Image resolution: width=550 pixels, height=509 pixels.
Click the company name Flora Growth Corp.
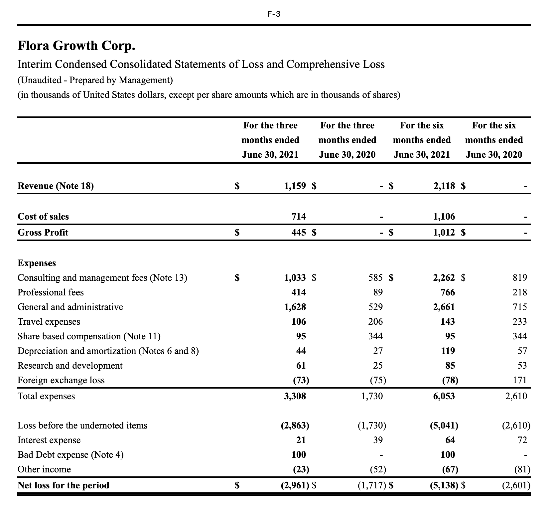[76, 46]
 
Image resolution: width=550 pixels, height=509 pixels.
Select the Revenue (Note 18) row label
[56, 186]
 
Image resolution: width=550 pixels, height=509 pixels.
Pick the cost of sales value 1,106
[444, 217]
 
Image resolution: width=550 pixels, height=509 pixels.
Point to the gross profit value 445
[299, 232]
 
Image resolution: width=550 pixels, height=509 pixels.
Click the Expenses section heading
[37, 263]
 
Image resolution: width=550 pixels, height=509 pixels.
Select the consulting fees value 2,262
[444, 278]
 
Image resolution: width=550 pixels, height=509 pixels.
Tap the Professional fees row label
[51, 292]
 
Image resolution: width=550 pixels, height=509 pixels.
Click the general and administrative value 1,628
[295, 307]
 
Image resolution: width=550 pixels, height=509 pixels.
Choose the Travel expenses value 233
[520, 322]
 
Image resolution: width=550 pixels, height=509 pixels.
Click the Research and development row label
[70, 366]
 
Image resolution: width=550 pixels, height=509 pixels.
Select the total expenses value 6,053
[444, 396]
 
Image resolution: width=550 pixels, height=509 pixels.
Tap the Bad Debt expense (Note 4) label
[70, 455]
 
